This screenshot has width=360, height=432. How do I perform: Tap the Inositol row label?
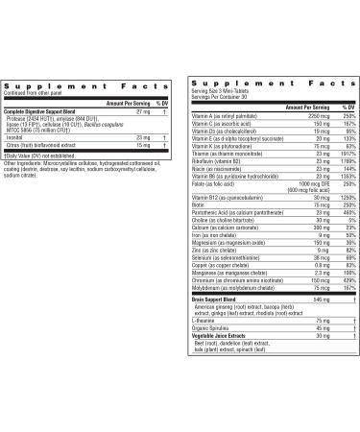(x=12, y=138)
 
